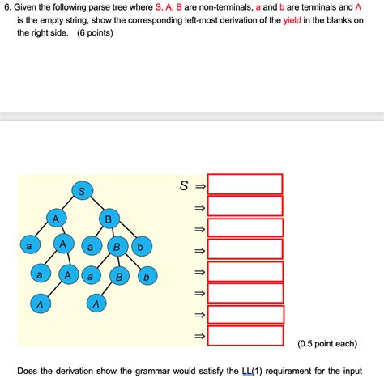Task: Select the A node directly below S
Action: pos(55,219)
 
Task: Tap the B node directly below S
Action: pos(107,219)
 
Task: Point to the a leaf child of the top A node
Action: pos(29,245)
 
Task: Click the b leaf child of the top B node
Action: pos(140,246)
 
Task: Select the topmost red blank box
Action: pos(245,184)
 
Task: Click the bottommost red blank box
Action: pos(245,336)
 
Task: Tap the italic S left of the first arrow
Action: pos(185,185)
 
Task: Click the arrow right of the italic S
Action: pos(199,186)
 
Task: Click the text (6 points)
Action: pos(95,35)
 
